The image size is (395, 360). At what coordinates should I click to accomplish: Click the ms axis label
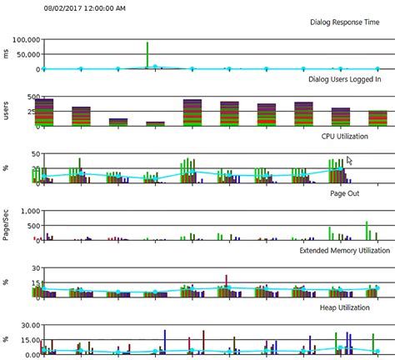6,53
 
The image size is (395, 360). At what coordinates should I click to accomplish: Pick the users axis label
6,111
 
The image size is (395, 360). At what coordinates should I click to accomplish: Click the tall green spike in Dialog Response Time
147,54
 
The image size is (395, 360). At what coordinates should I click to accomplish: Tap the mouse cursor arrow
350,161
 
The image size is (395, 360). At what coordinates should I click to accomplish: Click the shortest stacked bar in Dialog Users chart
156,123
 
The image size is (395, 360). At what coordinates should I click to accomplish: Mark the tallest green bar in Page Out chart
367,230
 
